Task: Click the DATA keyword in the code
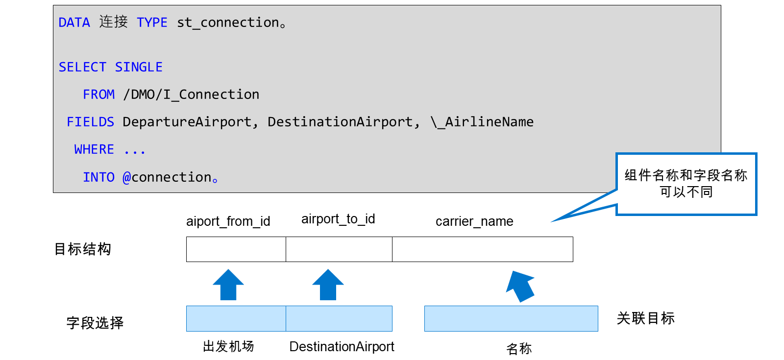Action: point(74,23)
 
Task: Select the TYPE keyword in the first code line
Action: point(152,23)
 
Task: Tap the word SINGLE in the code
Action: point(139,67)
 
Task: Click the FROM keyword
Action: point(98,95)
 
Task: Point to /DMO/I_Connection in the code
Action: point(191,95)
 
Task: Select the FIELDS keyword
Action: point(90,122)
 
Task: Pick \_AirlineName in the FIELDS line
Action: point(482,122)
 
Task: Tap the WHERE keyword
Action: point(94,149)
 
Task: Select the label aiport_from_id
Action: point(228,221)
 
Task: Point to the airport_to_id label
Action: point(338,219)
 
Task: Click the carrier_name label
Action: point(474,221)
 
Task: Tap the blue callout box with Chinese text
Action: point(686,184)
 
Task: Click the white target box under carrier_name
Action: point(482,249)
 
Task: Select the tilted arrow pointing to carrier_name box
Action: point(520,286)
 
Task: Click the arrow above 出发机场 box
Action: point(228,285)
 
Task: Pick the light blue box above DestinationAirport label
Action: point(339,318)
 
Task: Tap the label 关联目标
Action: point(646,318)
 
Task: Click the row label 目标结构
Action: point(83,249)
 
